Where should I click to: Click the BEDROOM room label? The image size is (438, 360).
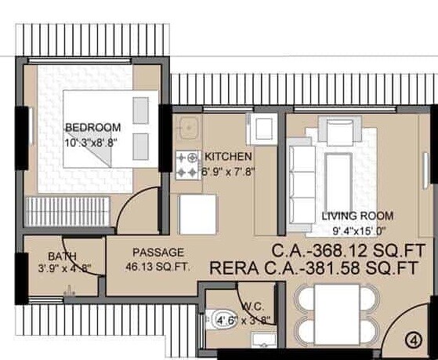point(92,128)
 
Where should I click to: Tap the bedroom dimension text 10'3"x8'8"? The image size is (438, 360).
point(92,142)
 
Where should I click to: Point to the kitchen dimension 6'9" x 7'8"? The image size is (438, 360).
point(227,171)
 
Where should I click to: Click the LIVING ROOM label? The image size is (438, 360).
point(357,216)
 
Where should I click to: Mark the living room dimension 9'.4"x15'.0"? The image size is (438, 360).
point(357,231)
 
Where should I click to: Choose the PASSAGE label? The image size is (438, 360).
point(157,253)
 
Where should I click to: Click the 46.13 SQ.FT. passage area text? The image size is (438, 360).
point(157,267)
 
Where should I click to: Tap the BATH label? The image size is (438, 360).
point(60,256)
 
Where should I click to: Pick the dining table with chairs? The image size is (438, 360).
point(338,311)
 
